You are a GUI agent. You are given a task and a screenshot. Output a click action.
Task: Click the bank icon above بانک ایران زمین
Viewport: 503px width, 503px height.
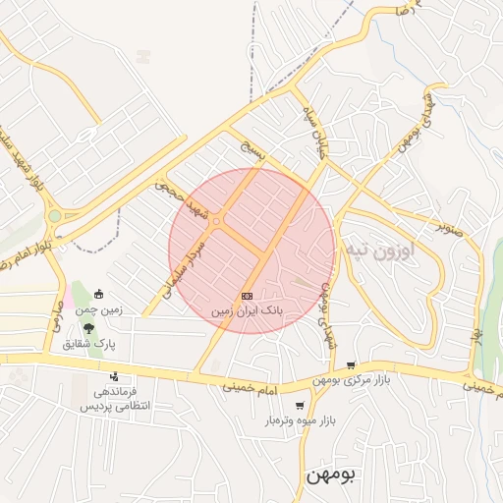[247, 296]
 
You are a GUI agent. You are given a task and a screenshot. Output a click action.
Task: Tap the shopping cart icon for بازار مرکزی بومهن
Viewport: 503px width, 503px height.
[351, 364]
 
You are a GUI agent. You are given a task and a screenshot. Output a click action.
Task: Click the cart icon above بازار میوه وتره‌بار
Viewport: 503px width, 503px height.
[300, 405]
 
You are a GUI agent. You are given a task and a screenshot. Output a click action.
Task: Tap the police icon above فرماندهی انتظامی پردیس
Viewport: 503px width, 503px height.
[115, 376]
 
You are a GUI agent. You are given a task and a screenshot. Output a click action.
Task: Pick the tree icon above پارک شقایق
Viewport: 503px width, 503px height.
[89, 327]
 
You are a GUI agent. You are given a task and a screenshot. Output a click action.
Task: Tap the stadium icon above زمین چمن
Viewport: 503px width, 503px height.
[99, 294]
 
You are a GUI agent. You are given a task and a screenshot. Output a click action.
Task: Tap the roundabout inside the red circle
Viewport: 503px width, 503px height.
[216, 221]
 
